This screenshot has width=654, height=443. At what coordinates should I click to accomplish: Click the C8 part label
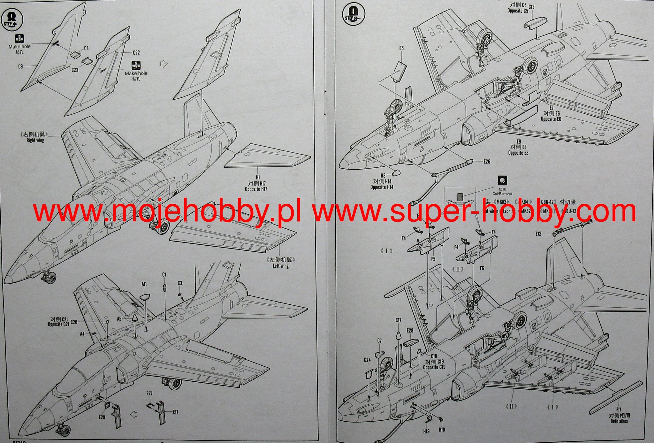[86, 48]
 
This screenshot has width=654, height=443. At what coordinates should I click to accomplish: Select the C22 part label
[136, 53]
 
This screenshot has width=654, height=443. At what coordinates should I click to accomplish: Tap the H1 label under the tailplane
[258, 177]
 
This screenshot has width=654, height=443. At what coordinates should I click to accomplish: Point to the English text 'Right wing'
[35, 140]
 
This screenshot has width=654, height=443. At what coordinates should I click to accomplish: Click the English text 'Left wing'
[280, 266]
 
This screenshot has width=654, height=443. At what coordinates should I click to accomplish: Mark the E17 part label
[175, 412]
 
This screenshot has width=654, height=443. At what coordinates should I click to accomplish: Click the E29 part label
[102, 417]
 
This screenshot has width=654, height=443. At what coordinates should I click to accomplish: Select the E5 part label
[401, 48]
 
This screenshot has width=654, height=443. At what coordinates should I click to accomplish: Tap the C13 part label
[532, 7]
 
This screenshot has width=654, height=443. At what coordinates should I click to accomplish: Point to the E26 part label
[487, 162]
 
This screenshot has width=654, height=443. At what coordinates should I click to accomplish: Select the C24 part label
[367, 360]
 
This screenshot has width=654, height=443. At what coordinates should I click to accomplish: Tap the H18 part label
[442, 430]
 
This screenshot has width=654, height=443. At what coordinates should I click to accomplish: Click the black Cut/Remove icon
[502, 180]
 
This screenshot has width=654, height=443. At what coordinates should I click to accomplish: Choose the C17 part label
[398, 320]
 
